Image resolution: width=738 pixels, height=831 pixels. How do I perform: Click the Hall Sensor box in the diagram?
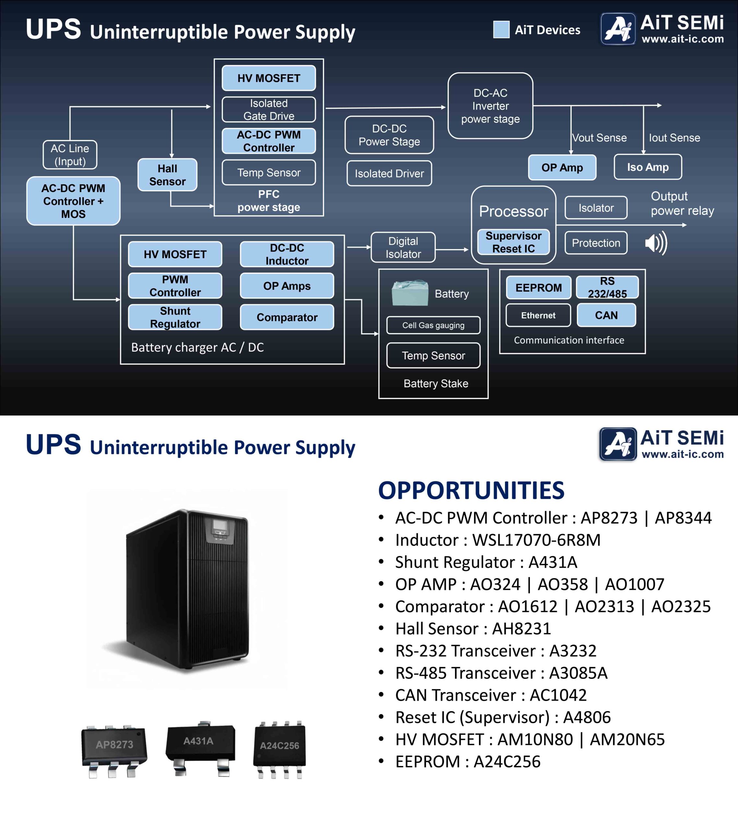167,175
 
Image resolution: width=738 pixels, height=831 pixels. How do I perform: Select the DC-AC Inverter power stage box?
490,106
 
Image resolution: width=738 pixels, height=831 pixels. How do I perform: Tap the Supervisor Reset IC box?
513,242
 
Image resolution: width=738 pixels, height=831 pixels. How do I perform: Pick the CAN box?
606,316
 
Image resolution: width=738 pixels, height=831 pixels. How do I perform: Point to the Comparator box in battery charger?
287,317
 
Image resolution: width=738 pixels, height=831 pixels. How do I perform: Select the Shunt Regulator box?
175,317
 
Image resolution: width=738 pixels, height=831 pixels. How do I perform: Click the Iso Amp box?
648,167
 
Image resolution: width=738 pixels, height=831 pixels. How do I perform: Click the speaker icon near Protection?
656,243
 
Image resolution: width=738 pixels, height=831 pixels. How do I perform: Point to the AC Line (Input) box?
70,155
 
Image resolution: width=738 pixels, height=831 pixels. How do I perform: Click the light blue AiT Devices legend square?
501,30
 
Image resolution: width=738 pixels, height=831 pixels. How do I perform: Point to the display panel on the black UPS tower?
220,527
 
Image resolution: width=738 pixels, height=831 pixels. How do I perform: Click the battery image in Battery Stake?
410,293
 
